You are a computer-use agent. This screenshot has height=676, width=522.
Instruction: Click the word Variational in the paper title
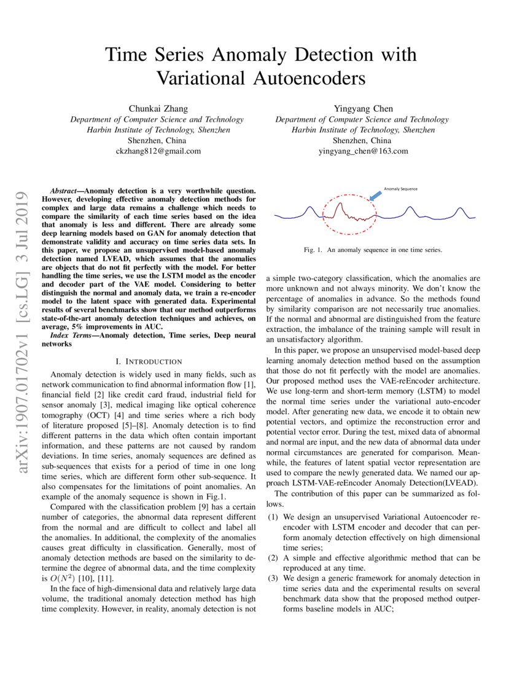206,79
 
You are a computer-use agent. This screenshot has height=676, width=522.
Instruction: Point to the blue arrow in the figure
374,196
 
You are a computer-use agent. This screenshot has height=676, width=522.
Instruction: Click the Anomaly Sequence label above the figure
400,189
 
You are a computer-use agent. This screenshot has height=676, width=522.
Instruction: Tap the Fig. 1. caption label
314,251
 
